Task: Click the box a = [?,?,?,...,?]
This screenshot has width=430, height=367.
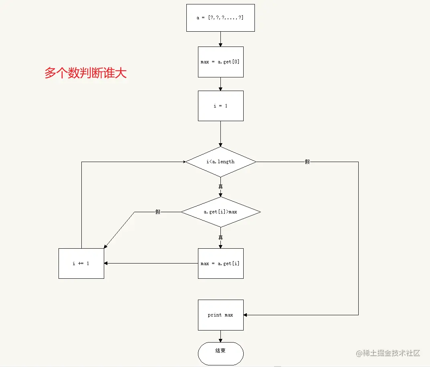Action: point(220,18)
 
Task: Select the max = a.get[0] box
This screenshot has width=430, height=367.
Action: point(220,62)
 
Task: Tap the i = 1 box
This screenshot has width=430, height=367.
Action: point(220,106)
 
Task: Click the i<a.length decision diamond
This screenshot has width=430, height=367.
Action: point(220,162)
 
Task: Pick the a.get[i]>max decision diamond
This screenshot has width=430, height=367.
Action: point(220,211)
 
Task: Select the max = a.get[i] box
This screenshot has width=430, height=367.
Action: point(220,264)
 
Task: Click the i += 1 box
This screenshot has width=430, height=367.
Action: point(81,264)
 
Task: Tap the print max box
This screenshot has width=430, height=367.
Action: point(220,315)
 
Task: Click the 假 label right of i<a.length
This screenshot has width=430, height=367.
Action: point(307,162)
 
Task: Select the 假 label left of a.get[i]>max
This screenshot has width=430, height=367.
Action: point(158,212)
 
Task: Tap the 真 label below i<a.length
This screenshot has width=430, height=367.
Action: point(220,187)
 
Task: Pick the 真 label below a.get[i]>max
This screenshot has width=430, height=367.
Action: point(220,237)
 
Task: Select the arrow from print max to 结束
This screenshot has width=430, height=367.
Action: point(220,336)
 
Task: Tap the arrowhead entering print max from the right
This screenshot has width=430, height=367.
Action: point(246,315)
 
